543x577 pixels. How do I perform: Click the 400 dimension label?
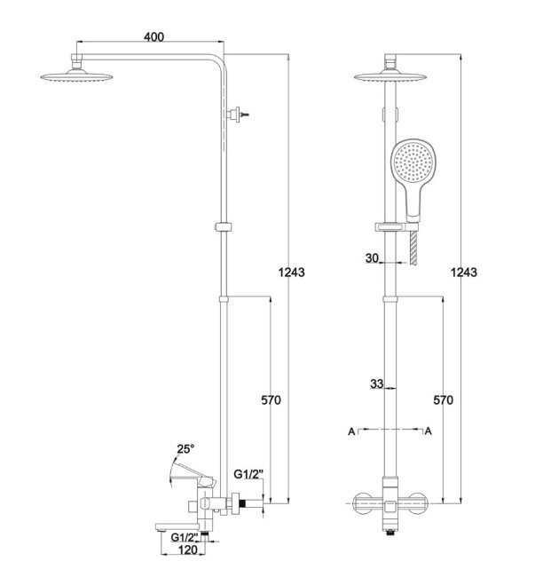[x=153, y=36]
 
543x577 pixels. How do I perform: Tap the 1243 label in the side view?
[x=291, y=273]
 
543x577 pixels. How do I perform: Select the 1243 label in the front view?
[x=464, y=273]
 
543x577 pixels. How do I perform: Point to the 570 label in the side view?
[x=271, y=400]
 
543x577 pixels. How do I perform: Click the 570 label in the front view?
[x=444, y=400]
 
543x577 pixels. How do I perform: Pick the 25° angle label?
[x=185, y=449]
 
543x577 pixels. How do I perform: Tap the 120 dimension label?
[x=187, y=550]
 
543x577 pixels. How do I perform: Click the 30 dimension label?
[x=372, y=258]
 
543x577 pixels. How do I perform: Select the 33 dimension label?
[x=376, y=384]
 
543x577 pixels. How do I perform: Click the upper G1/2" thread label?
[x=249, y=474]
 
